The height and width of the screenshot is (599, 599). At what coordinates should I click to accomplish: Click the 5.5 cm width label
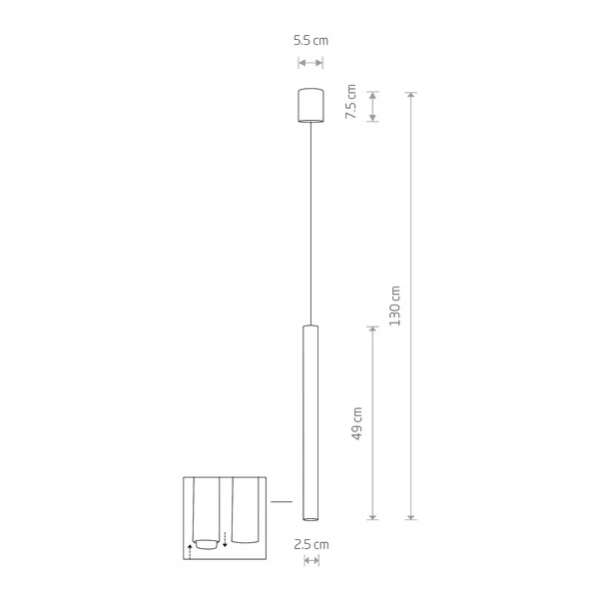[x=310, y=41]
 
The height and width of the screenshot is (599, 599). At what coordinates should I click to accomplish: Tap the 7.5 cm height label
[x=350, y=104]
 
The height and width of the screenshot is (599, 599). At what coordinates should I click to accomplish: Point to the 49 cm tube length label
[x=356, y=423]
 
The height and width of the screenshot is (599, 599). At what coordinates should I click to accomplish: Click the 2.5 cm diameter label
[x=310, y=544]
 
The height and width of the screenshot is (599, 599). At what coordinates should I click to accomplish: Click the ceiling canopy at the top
[x=310, y=105]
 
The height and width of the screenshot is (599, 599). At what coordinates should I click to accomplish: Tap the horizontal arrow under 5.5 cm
[x=310, y=62]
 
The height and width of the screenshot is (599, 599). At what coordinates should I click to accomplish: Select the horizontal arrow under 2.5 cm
[x=310, y=562]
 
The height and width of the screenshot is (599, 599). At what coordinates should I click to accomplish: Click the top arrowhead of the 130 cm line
[x=411, y=95]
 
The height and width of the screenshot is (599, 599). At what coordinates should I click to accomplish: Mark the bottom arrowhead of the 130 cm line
[x=411, y=516]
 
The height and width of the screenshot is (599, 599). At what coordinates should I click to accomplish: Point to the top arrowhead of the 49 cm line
[x=373, y=328]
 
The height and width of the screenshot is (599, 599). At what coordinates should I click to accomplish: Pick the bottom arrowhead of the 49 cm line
[x=373, y=516]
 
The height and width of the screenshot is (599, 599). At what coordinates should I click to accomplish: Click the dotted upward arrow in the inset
[x=190, y=549]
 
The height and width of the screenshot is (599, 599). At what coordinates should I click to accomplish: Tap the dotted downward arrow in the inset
[x=226, y=539]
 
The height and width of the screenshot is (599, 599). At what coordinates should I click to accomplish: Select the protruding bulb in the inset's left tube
[x=207, y=544]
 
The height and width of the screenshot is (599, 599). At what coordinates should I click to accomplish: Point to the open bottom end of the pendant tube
[x=310, y=518]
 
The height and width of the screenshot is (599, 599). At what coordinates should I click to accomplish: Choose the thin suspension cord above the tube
[x=310, y=220]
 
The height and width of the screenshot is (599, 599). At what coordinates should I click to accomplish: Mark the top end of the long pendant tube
[x=310, y=326]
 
